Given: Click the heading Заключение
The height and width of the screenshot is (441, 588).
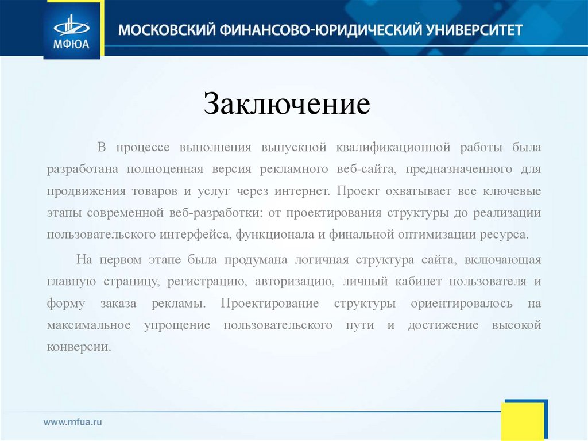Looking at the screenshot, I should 288,105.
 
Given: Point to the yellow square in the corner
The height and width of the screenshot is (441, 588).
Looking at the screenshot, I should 522,421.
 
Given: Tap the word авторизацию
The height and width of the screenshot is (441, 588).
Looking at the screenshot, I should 294,282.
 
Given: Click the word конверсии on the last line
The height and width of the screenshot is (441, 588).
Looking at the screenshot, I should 79,347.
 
